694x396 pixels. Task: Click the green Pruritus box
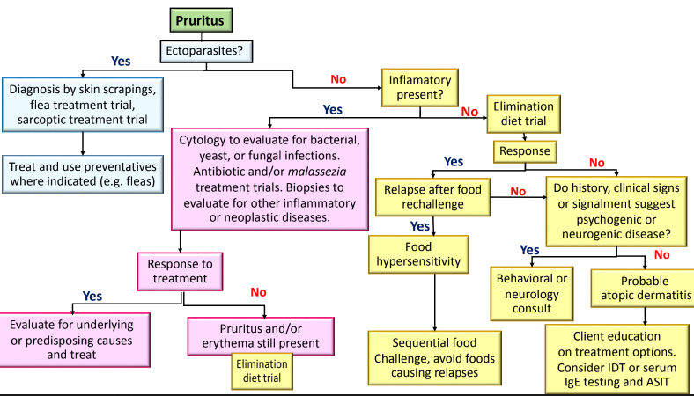click(201, 20)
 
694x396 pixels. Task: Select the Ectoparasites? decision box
click(206, 51)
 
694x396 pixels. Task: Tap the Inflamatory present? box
click(420, 88)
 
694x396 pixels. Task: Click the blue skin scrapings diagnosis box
click(83, 105)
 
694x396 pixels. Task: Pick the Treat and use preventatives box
click(83, 174)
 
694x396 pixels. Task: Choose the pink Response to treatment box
click(180, 271)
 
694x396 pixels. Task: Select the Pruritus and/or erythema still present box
click(261, 336)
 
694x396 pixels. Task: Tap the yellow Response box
click(525, 151)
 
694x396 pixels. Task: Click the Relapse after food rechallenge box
click(432, 197)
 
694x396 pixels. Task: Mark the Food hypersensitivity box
click(418, 254)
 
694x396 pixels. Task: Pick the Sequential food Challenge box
click(435, 357)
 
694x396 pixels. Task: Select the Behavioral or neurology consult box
click(532, 294)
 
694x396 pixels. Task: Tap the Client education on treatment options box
click(617, 359)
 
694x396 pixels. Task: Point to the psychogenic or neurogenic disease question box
click(616, 211)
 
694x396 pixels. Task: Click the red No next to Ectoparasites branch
click(338, 79)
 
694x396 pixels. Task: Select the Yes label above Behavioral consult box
click(529, 250)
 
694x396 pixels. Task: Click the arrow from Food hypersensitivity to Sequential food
click(435, 302)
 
